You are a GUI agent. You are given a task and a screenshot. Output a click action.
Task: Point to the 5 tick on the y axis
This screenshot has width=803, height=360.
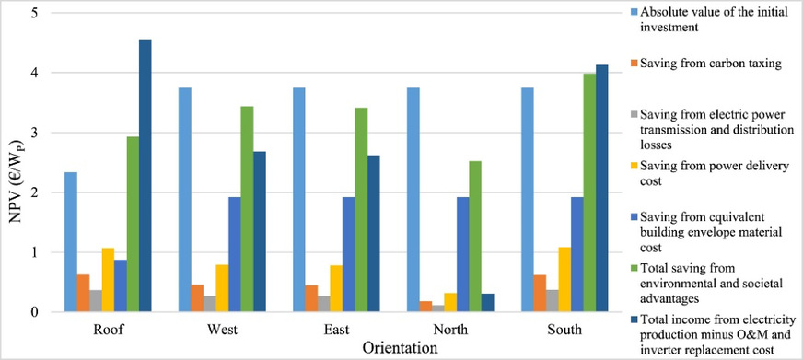pyautogui.click(x=34, y=13)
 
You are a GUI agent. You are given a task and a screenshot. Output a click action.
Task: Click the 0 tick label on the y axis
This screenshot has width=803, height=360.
pyautogui.click(x=34, y=312)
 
